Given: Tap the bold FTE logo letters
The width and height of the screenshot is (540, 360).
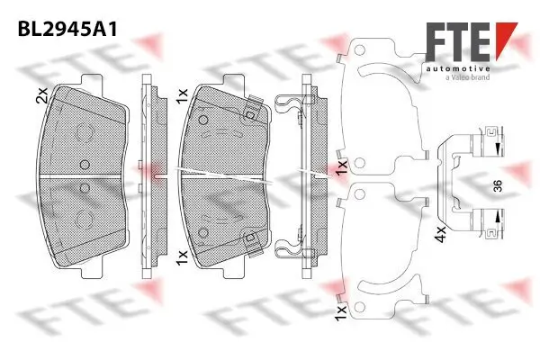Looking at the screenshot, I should (456, 41).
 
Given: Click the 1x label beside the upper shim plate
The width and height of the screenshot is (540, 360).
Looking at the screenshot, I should (341, 168).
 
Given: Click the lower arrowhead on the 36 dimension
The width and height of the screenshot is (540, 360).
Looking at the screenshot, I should (494, 217).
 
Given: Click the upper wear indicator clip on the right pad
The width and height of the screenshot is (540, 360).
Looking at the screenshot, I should (253, 111).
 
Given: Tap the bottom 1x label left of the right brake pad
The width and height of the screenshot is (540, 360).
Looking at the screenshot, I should (183, 257).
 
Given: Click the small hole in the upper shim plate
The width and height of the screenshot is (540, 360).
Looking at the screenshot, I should (359, 165).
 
